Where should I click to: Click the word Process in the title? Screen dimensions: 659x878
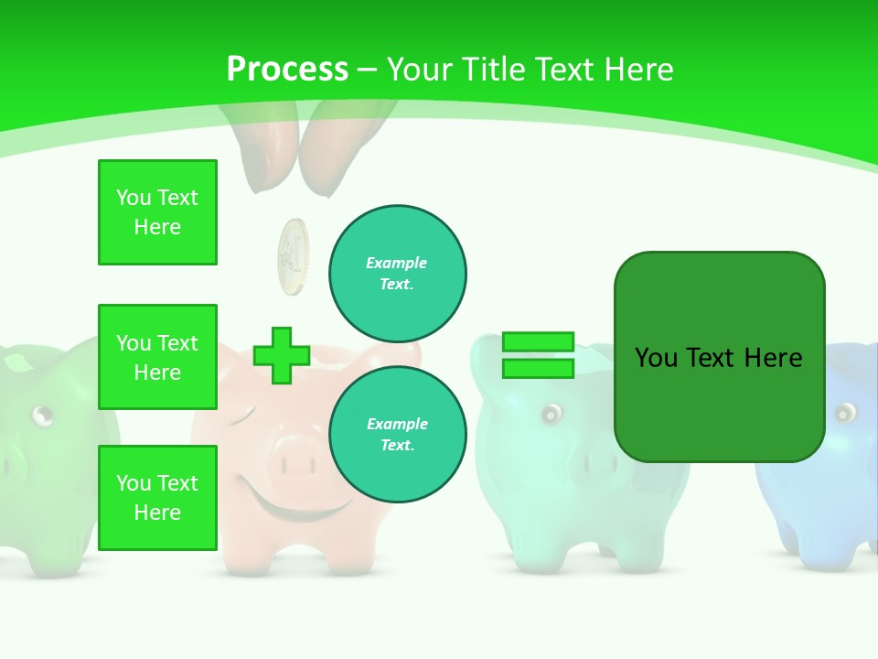(287, 69)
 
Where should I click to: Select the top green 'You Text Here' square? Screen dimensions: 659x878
(157, 212)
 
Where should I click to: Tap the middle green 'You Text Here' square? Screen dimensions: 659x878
(157, 357)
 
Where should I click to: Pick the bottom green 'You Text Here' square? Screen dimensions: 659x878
(157, 497)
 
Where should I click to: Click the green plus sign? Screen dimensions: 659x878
(282, 355)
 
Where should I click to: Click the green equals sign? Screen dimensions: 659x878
(538, 355)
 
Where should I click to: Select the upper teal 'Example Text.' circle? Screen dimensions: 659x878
(397, 273)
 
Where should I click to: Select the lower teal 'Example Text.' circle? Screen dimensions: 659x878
(397, 434)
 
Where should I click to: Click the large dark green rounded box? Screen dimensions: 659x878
(719, 357)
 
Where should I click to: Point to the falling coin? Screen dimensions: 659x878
(294, 257)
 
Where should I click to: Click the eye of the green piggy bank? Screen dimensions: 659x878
(42, 416)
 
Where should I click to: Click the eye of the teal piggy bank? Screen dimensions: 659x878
(550, 415)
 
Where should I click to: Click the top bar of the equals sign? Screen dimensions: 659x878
(538, 342)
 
